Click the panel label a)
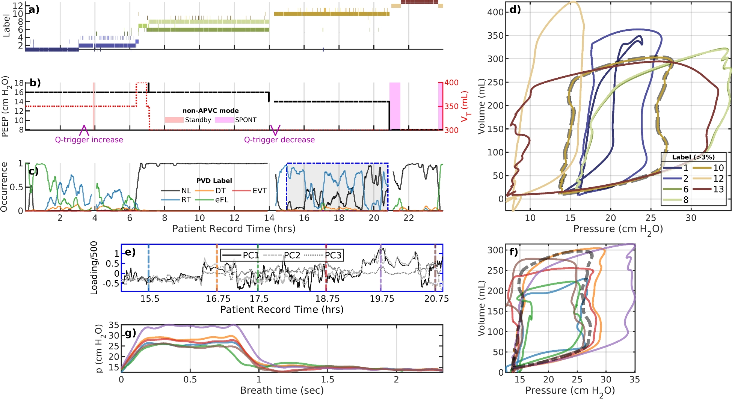click(34, 10)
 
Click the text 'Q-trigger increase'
click(89, 140)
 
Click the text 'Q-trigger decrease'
click(279, 140)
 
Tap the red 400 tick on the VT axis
click(451, 83)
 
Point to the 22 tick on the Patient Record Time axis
click(408, 218)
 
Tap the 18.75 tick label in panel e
click(327, 299)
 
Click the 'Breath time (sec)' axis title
click(282, 390)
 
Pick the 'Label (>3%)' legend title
click(693, 157)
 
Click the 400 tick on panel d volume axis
click(495, 12)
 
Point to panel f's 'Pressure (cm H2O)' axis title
click(570, 391)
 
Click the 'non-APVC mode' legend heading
click(210, 110)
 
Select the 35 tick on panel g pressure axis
click(114, 325)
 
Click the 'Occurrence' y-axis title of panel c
click(4, 187)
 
